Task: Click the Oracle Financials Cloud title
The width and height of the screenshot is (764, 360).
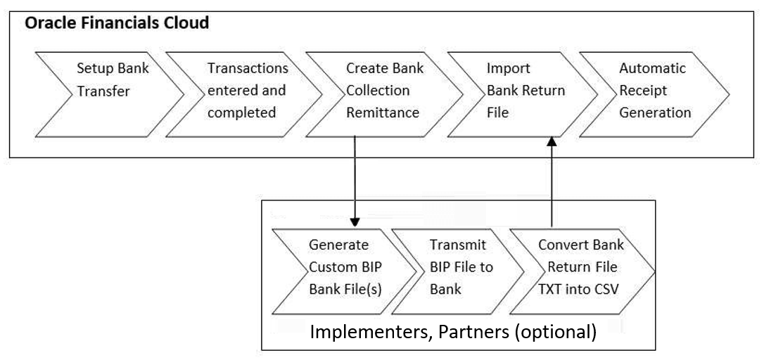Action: click(117, 23)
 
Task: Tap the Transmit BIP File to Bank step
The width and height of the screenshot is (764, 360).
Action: click(461, 267)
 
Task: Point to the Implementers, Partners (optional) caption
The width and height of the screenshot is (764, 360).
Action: click(454, 331)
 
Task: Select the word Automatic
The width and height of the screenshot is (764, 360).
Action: click(652, 69)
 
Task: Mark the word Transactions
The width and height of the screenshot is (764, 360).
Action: click(248, 69)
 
